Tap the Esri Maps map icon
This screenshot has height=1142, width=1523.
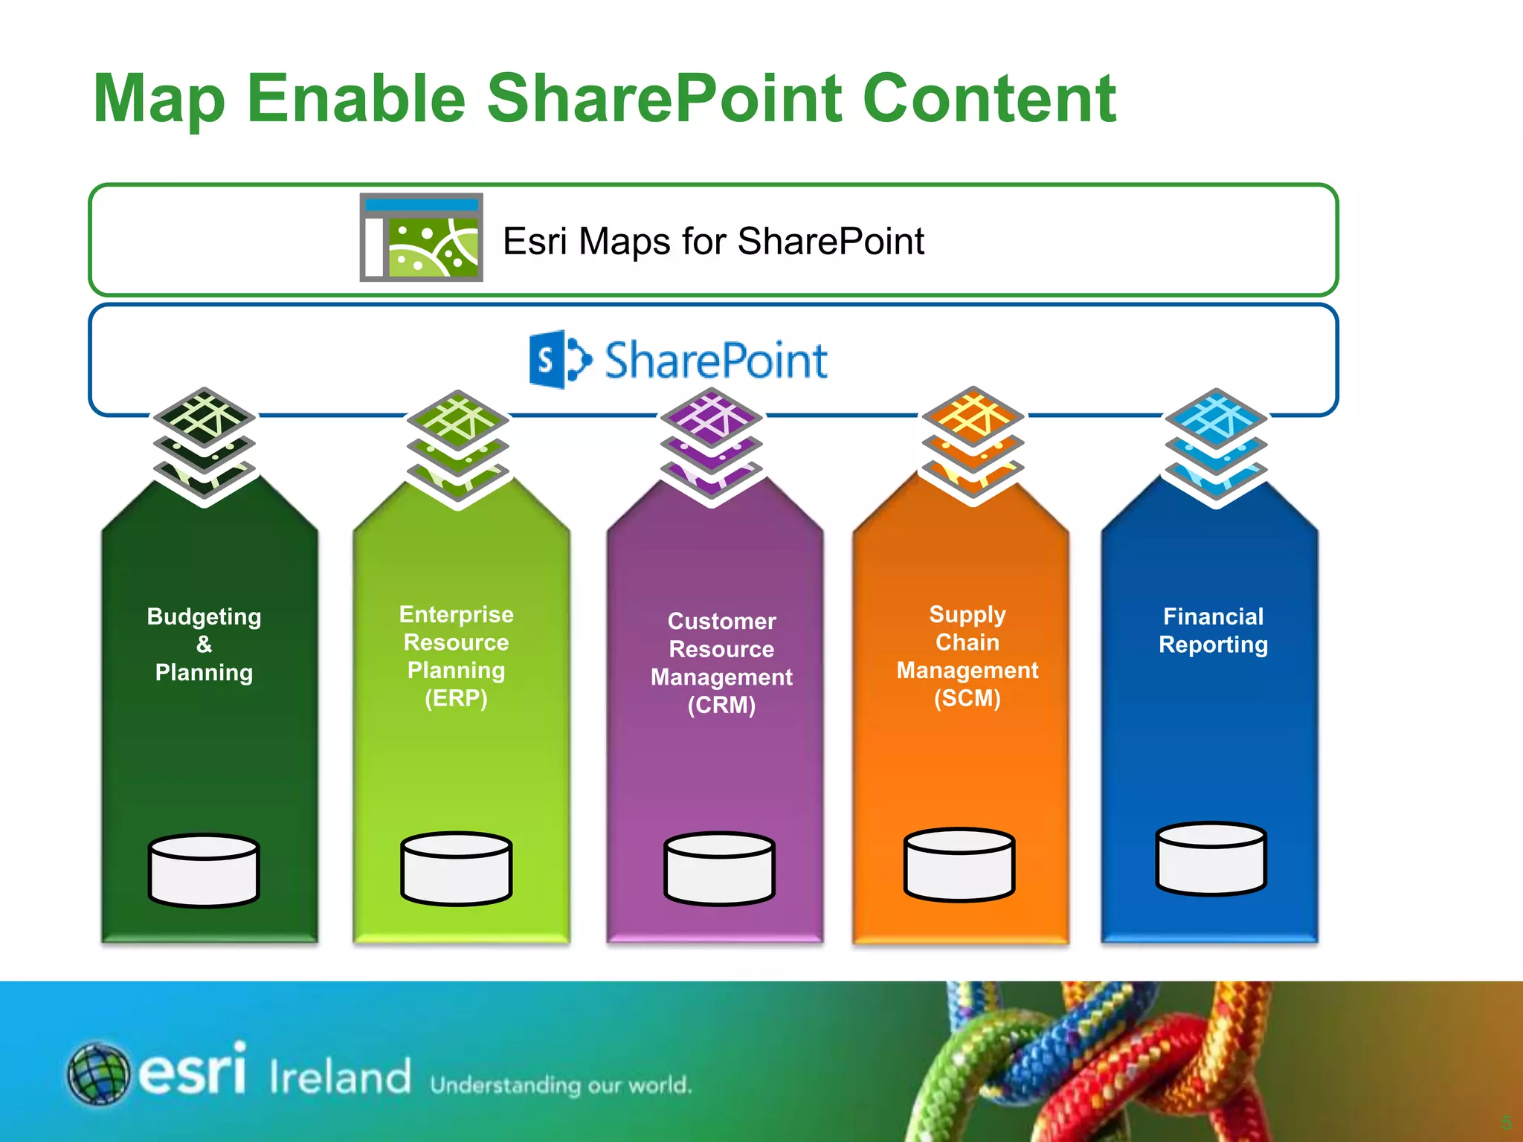pyautogui.click(x=422, y=238)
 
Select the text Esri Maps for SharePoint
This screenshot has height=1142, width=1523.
pyautogui.click(x=712, y=242)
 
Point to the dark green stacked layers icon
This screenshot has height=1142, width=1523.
pyautogui.click(x=205, y=446)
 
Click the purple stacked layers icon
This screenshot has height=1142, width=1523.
pyautogui.click(x=712, y=447)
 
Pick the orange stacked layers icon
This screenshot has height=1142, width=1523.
pyautogui.click(x=973, y=445)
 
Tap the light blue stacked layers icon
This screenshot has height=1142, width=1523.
pyautogui.click(x=1216, y=447)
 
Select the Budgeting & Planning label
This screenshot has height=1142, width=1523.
pyautogui.click(x=204, y=644)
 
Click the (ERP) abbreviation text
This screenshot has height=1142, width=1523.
pyautogui.click(x=456, y=698)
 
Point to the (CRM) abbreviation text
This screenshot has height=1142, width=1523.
pyautogui.click(x=721, y=705)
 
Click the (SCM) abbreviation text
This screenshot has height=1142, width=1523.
pyautogui.click(x=967, y=698)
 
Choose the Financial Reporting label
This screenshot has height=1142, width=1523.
pyautogui.click(x=1213, y=630)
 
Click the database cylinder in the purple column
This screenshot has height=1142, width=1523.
pyautogui.click(x=719, y=868)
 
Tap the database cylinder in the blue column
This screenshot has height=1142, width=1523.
pyautogui.click(x=1211, y=858)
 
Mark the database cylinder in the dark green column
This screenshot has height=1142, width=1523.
pyautogui.click(x=204, y=870)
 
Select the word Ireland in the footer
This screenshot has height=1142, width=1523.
pyautogui.click(x=340, y=1076)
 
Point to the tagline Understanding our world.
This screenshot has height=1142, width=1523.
pyautogui.click(x=561, y=1085)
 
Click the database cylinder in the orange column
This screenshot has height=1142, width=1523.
pyautogui.click(x=959, y=864)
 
